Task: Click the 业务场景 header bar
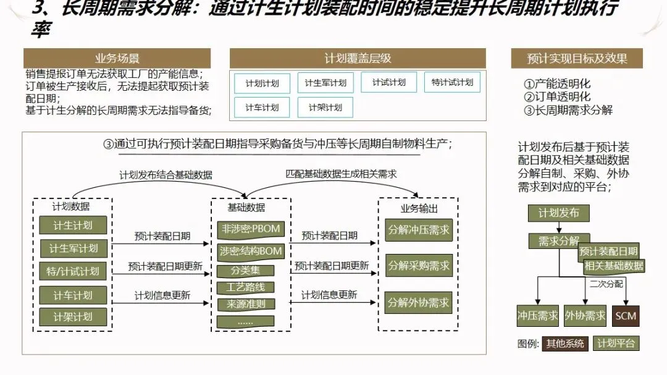pos(117,59)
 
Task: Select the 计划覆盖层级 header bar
pos(358,59)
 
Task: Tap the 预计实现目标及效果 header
pos(577,59)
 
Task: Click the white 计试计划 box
pos(388,82)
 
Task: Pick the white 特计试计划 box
pos(451,82)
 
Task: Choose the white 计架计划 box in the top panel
pos(325,107)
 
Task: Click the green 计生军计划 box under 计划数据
pos(73,248)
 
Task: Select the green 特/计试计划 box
pos(73,271)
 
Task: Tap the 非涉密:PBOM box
pos(250,229)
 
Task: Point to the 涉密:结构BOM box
pos(250,251)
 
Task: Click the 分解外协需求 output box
pos(418,303)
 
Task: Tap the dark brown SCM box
pos(626,316)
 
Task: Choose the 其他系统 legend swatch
pos(564,343)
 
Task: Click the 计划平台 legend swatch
pos(616,343)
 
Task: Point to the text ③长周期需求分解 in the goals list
pos(568,110)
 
